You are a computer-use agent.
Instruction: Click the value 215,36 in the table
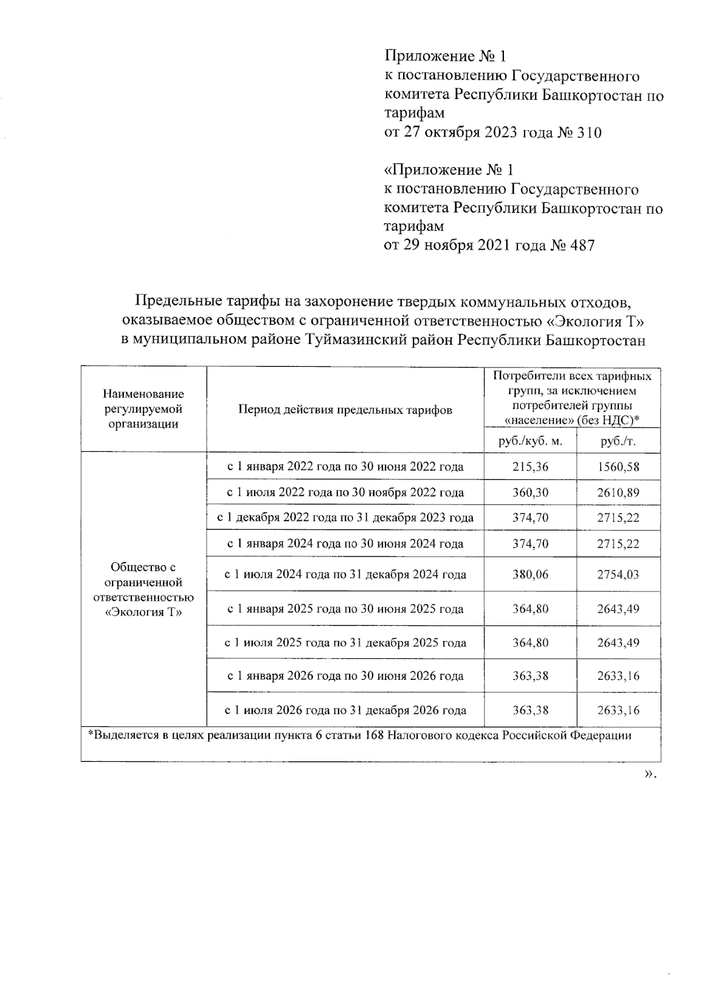pyautogui.click(x=530, y=467)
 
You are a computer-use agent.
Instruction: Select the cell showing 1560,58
pyautogui.click(x=618, y=467)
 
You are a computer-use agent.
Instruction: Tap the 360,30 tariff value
pyautogui.click(x=530, y=492)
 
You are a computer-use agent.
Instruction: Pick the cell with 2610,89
pyautogui.click(x=618, y=492)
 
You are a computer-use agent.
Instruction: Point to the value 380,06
pyautogui.click(x=530, y=574)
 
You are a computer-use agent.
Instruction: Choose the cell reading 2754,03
pyautogui.click(x=618, y=574)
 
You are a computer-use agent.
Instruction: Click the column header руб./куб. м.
pyautogui.click(x=530, y=441)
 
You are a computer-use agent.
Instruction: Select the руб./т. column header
pyautogui.click(x=618, y=441)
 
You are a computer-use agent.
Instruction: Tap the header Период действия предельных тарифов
pyautogui.click(x=345, y=410)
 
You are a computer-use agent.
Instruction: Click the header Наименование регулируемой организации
pyautogui.click(x=143, y=409)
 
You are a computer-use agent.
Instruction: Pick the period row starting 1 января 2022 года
pyautogui.click(x=345, y=467)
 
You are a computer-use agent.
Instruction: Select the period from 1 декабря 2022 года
pyautogui.click(x=345, y=518)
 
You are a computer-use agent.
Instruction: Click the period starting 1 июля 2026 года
pyautogui.click(x=345, y=710)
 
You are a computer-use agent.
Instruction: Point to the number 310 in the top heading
pyautogui.click(x=589, y=132)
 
